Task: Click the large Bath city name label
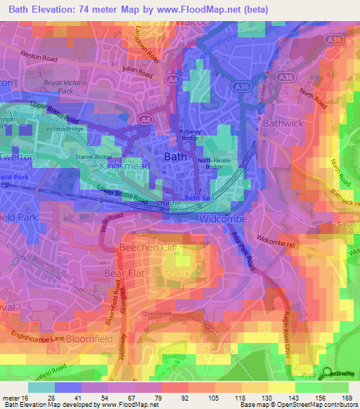pyautogui.click(x=175, y=157)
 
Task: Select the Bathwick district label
pyautogui.click(x=281, y=122)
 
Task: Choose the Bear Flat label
pyautogui.click(x=122, y=272)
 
